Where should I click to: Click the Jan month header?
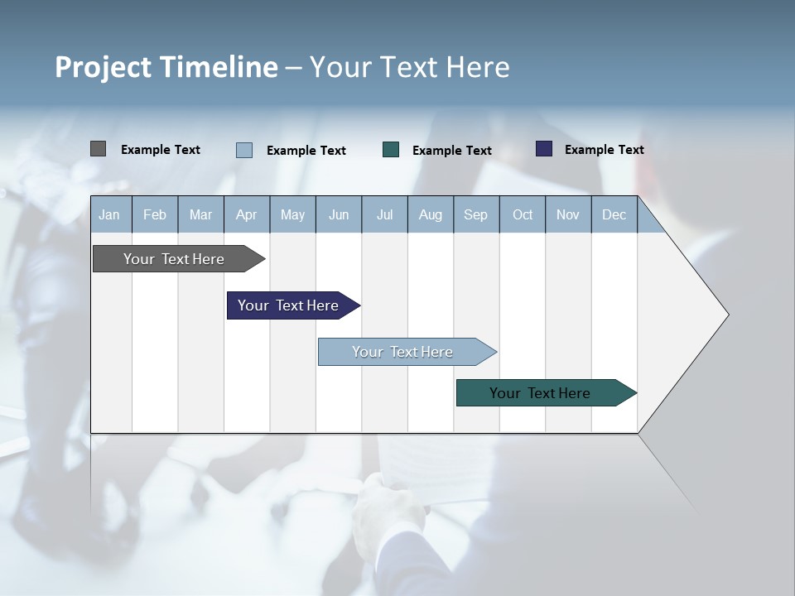pos(109,215)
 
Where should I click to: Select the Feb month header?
pos(155,215)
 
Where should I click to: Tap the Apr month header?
pos(246,215)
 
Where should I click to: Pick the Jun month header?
pos(339,215)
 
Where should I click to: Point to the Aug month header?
pos(430,215)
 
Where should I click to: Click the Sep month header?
pos(475,215)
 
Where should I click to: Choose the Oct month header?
pos(523,215)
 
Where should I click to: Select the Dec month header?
pos(614,215)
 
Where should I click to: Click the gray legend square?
pos(98,149)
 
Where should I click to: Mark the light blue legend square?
pos(244,150)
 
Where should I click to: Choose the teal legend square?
pos(391,150)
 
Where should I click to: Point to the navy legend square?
pos(543,149)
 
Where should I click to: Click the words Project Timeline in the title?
pos(166,67)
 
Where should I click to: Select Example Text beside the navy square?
pos(604,150)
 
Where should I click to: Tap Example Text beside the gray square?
pos(161,150)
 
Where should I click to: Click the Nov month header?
pos(568,215)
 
